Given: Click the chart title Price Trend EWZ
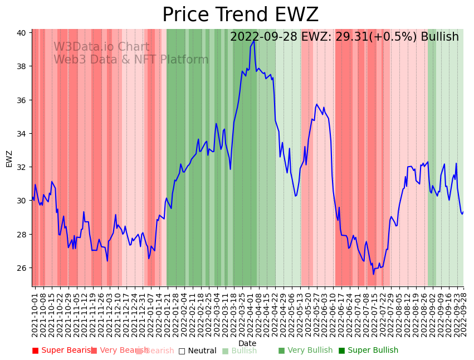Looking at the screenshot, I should (x=240, y=15).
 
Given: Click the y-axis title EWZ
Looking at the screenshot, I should (x=9, y=158).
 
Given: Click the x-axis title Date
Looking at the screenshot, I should (x=247, y=343).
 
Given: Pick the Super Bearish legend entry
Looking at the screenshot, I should (x=63, y=351).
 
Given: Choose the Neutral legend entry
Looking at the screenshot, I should (x=197, y=351).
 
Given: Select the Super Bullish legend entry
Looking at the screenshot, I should (x=368, y=351).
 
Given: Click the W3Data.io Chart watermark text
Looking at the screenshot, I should (x=101, y=47).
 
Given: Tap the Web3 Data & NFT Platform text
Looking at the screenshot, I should (x=131, y=60).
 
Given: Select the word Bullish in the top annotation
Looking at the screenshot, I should (x=440, y=37).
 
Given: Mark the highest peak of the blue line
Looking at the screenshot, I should (x=254, y=40).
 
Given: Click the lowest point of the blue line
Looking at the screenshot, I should (x=374, y=274).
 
